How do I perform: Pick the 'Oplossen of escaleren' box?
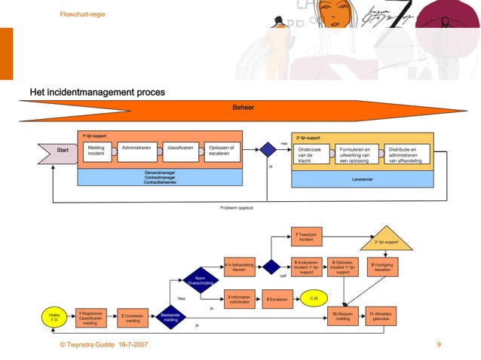(223, 151)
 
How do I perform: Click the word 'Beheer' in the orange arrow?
(243, 108)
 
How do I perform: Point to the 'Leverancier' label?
(363, 179)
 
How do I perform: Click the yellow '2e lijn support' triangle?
(386, 239)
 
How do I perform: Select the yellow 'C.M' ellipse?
(314, 299)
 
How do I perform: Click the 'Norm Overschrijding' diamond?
(200, 280)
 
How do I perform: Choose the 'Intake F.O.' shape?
(54, 317)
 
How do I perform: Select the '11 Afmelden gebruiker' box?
(381, 317)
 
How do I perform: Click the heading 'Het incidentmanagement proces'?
(97, 92)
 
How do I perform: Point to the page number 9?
(438, 344)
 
